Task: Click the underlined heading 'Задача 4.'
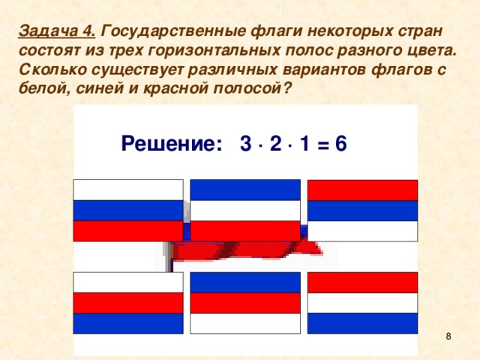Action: (56, 32)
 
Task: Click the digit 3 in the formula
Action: (245, 143)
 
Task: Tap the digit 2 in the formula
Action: (277, 143)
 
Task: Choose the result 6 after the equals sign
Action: (340, 143)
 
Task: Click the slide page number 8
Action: (448, 337)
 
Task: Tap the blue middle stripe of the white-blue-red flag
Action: (128, 211)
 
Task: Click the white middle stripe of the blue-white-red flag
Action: (245, 211)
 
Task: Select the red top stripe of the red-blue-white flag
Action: (362, 190)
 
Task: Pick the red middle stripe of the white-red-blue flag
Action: (128, 302)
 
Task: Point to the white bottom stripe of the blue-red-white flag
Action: (245, 322)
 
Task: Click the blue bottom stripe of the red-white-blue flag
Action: (362, 322)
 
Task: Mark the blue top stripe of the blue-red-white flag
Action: (245, 282)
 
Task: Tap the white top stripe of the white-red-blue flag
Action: (128, 282)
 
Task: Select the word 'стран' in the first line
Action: (422, 32)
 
